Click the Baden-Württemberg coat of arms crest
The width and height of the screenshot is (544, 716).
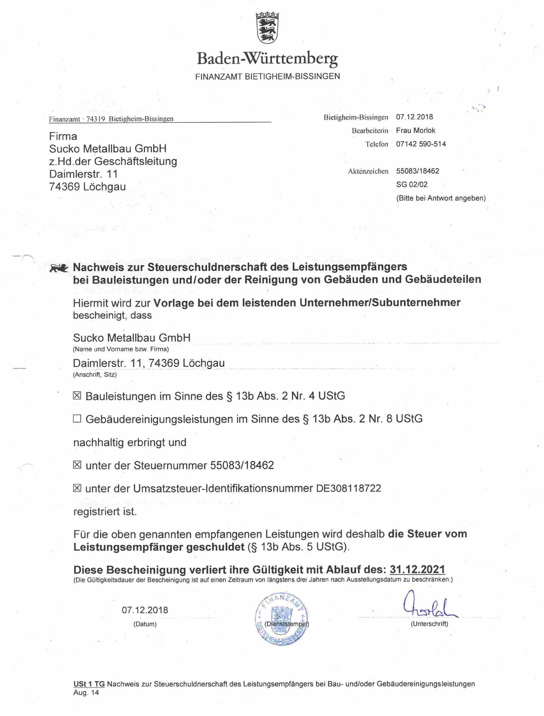click(x=267, y=28)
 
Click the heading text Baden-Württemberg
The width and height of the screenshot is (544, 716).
click(x=267, y=58)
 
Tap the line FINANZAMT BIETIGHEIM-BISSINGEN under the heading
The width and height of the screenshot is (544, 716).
click(x=267, y=77)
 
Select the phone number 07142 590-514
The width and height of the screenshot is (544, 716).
click(x=421, y=144)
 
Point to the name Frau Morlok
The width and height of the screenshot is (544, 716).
click(x=415, y=131)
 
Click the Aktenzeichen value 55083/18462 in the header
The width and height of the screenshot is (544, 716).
click(x=417, y=171)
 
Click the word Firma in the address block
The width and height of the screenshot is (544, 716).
click(x=63, y=136)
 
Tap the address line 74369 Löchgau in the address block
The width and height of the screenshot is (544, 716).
click(x=87, y=187)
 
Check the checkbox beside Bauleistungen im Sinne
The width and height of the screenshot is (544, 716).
click(x=77, y=395)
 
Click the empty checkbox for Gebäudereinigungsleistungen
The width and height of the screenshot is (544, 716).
click(x=77, y=419)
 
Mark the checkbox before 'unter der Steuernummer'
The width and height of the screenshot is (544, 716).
click(x=77, y=465)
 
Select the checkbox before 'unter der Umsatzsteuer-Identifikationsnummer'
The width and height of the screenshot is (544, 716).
click(x=77, y=488)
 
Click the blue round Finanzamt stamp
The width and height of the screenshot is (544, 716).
click(x=282, y=618)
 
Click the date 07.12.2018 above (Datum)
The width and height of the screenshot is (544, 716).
click(x=145, y=610)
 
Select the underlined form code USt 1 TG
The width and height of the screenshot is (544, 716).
click(x=89, y=684)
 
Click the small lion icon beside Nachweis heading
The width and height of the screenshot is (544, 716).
click(x=59, y=269)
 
